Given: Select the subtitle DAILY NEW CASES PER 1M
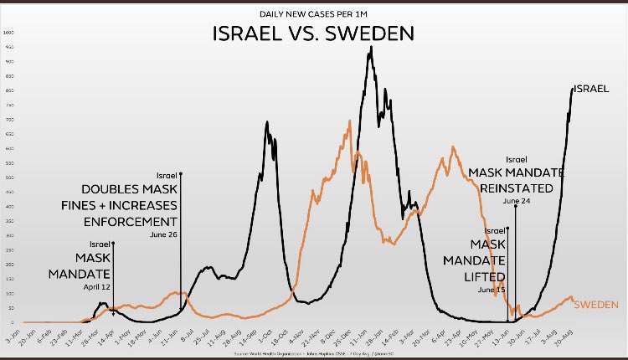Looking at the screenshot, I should point(314,13).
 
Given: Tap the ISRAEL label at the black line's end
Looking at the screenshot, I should point(590,88).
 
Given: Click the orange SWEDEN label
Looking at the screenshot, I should point(595,303).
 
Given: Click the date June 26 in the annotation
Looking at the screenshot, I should point(163,235).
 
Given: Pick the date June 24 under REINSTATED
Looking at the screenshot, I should point(516,201).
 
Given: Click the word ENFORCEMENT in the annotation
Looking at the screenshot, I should point(130,221).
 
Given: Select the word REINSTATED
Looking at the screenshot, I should point(517,187).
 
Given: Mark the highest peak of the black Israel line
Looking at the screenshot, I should point(371,47).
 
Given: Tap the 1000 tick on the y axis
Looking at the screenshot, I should point(9,33).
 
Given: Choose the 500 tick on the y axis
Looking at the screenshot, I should point(9,177).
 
